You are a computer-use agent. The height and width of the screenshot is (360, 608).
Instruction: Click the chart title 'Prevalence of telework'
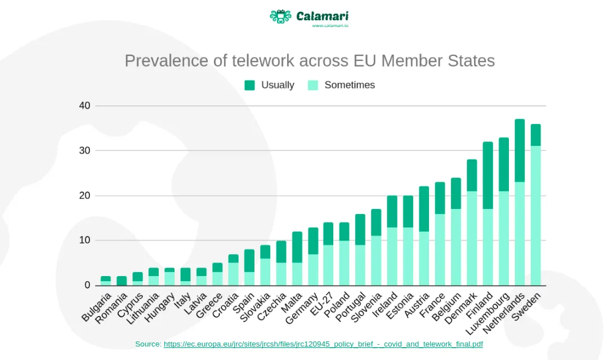309,61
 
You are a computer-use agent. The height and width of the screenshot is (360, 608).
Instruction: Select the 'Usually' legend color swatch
249,85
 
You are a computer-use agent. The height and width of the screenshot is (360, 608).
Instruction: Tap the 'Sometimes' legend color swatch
313,85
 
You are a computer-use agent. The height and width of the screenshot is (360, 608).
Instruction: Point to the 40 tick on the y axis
84,106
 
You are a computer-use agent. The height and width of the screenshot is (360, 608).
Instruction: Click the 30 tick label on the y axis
84,150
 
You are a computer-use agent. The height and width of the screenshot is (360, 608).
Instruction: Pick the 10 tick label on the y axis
84,241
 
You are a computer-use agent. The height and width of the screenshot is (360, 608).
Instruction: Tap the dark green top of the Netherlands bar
520,150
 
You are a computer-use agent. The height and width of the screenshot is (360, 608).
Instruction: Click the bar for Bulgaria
105,281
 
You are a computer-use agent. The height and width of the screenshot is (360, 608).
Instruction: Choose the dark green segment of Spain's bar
249,261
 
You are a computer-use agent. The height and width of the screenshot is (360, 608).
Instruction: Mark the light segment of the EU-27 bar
328,265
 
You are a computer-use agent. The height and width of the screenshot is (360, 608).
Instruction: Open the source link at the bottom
323,344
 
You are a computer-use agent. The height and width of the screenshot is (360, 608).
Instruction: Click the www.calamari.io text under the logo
330,26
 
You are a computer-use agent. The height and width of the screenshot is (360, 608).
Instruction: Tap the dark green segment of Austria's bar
424,209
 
